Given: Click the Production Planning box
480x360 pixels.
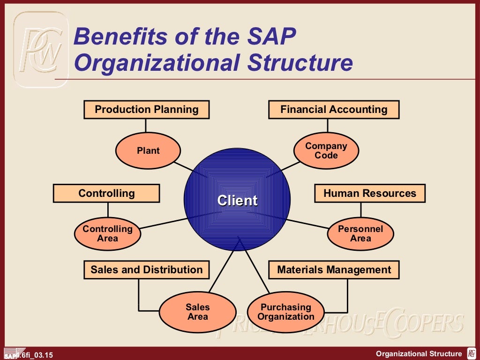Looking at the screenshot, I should point(146,110).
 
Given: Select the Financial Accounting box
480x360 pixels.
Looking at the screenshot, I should point(334,110).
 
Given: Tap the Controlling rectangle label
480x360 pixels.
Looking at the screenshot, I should point(106,193).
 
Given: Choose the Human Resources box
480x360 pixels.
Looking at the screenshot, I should point(369,193).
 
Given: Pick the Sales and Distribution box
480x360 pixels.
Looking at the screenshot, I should point(146,270).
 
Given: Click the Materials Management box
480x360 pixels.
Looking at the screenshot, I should point(334,270).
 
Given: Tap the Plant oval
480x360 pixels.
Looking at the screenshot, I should point(148,150).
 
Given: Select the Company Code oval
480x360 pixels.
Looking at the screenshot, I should point(326,150).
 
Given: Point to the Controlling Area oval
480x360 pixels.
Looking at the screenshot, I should point(107,233).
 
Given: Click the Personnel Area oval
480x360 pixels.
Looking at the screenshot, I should point(360,233).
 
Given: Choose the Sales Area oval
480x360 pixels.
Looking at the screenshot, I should point(197,312).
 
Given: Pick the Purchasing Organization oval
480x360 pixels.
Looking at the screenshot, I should point(286,312).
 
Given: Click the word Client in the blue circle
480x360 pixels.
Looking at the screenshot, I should point(237,201).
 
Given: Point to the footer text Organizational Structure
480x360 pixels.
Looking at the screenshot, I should point(419,354).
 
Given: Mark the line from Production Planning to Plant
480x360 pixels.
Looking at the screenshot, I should point(146,126).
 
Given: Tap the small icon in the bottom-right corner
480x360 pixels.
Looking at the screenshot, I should point(472,353).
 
